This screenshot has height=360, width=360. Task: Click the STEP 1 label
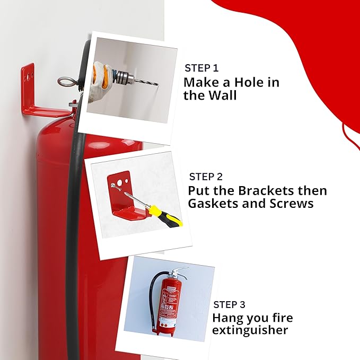[201, 68]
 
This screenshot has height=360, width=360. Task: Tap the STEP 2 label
[206, 177]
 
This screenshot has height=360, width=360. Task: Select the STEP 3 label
[229, 304]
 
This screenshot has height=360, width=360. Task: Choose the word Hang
[229, 318]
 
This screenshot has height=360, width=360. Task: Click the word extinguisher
[250, 330]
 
